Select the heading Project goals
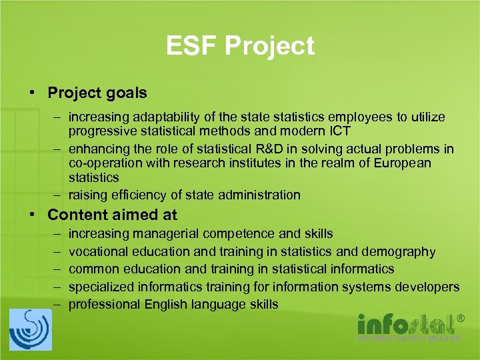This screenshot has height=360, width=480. (97, 93)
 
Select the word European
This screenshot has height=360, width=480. (399, 163)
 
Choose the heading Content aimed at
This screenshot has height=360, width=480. (113, 215)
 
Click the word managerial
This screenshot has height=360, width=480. (165, 234)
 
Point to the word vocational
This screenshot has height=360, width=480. (99, 252)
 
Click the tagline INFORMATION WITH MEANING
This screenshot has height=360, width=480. (409, 338)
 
